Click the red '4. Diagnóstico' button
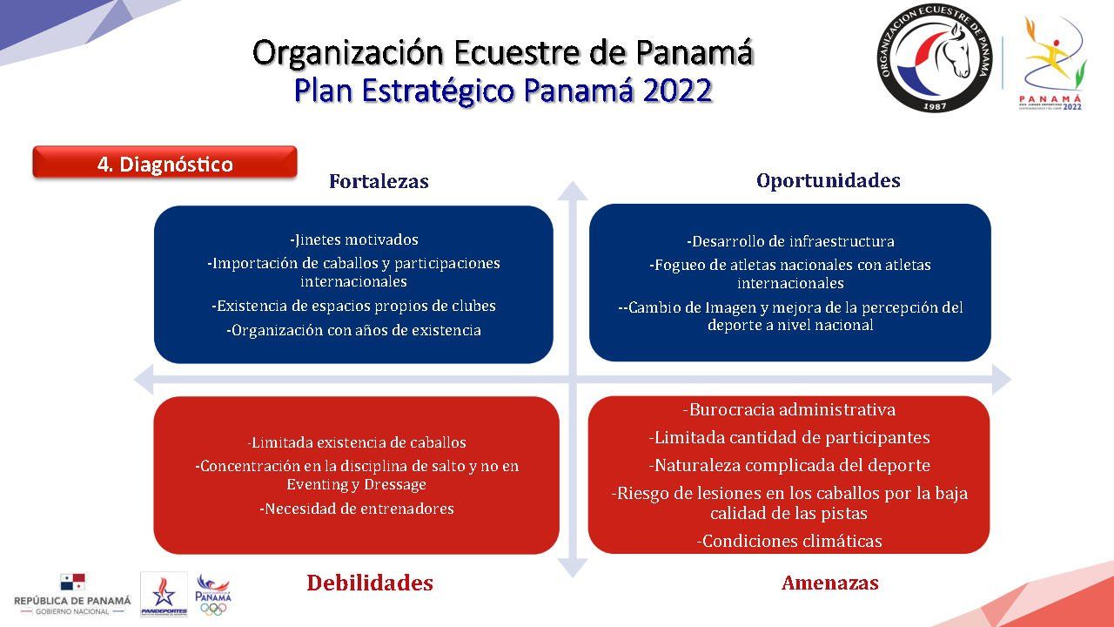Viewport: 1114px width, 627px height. point(164,162)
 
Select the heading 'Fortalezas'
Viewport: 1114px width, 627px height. point(379,181)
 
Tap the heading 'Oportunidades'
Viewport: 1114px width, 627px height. point(828,180)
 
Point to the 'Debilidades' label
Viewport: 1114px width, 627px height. point(370,583)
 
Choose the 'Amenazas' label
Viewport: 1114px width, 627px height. point(830,583)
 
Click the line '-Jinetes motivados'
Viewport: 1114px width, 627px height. point(353,239)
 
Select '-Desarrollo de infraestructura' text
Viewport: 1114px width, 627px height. point(790,242)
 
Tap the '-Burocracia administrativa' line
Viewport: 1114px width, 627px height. point(789,410)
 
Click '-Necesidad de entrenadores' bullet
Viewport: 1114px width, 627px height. point(357,509)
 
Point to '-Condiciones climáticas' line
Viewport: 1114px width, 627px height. point(789,541)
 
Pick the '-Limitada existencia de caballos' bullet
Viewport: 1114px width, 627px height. point(357,442)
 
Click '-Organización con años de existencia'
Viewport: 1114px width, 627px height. point(353,330)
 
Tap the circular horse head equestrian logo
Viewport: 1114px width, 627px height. point(934,57)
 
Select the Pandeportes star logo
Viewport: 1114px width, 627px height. point(164,594)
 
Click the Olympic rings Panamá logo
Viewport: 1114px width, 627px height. point(213,595)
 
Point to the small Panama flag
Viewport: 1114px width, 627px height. point(72,582)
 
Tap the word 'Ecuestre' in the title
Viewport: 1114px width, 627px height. point(516,53)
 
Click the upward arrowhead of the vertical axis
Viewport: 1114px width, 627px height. point(573,191)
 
